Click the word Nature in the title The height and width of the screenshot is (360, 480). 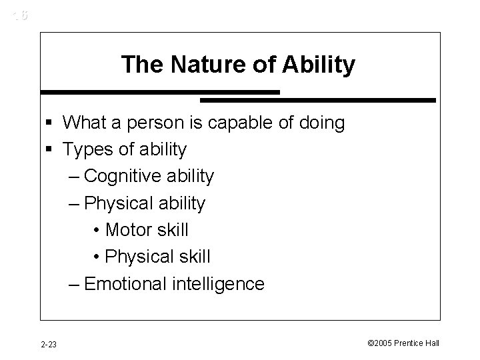coord(201,65)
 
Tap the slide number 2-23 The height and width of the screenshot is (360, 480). coord(48,343)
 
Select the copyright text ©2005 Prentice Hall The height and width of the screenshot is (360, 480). coord(403,343)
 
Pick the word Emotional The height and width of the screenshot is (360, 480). coord(127,284)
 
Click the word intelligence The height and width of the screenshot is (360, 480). coord(219,284)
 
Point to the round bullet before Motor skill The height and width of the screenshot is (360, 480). coord(97,231)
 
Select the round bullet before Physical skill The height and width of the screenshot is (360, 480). coord(97,257)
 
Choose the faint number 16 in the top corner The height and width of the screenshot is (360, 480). coord(21,14)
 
